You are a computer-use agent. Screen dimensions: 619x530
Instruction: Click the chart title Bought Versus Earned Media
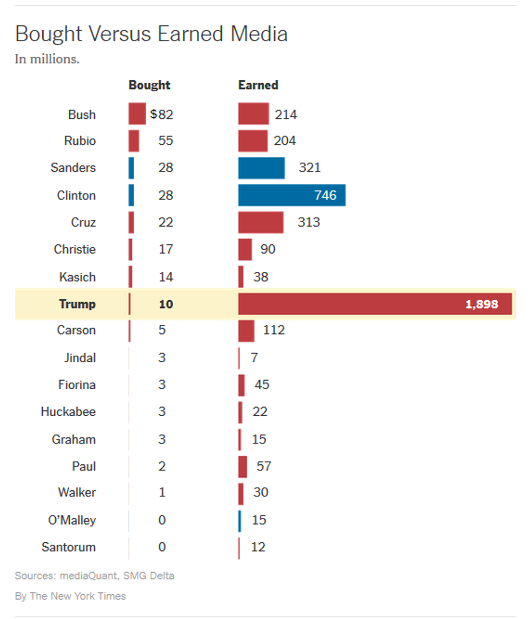151,35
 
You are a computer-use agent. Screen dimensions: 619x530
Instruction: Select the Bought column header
149,85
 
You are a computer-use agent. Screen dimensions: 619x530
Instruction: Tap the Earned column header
258,85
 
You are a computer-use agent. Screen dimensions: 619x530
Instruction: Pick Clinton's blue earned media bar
291,195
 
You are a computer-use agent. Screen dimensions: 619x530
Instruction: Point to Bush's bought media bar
137,114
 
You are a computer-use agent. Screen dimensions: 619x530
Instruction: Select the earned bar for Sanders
261,168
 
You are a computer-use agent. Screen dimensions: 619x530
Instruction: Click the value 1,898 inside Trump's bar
481,304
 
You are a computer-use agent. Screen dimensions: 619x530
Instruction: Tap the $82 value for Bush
162,114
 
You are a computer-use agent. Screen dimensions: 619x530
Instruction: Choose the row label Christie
75,249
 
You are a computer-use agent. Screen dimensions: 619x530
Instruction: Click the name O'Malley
71,520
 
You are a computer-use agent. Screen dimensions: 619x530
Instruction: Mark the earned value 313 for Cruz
308,222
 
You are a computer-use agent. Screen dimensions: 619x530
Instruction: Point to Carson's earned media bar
246,330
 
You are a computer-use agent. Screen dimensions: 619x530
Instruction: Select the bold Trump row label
77,304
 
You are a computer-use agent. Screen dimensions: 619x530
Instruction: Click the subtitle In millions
47,59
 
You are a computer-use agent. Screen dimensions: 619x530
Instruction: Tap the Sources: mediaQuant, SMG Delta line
94,576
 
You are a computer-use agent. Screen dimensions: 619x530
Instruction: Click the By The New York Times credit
70,596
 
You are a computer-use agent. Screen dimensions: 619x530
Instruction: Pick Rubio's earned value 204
284,141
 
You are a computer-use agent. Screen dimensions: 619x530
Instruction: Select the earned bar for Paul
242,466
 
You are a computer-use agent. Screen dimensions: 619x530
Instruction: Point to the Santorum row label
69,547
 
